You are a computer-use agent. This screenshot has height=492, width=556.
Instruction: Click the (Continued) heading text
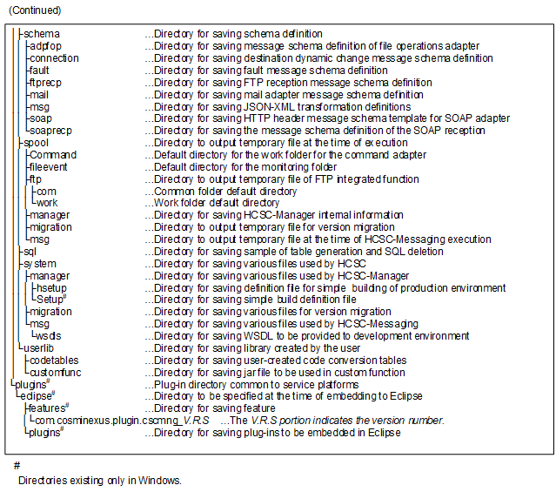pos(32,10)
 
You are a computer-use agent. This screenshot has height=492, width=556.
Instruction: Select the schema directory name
pos(41,34)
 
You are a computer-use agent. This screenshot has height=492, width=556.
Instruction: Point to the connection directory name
pos(53,58)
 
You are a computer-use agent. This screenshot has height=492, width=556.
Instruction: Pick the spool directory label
pos(36,143)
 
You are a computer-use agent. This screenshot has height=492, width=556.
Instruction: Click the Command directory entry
pos(52,155)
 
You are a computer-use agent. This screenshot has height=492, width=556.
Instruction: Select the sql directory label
pos(30,252)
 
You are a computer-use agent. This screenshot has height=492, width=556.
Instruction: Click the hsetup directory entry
pos(51,287)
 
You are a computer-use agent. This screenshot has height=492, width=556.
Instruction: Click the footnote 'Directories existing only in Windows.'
pos(99,480)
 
